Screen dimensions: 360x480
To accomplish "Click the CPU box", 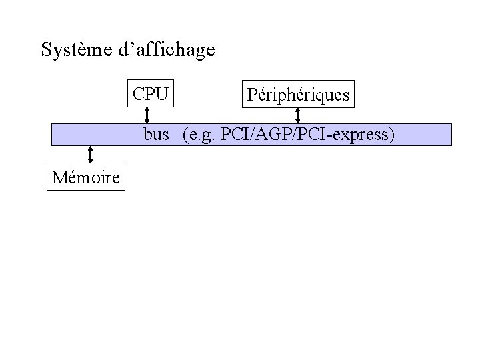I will pos(150,94).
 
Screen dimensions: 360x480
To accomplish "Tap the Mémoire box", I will pos(85,178).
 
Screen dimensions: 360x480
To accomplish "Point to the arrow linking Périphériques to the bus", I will pos(297,115).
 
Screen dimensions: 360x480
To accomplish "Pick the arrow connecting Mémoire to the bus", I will pos(89,155).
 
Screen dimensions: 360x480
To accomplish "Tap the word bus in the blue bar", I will pos(156,135).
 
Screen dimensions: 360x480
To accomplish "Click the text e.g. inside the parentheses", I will pos(203,135).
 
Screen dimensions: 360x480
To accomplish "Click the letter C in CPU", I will pos(138,94).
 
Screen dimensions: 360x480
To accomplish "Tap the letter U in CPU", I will pos(162,94).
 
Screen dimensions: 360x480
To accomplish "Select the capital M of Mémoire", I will pos(57,178).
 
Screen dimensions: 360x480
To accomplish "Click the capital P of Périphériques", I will pos(251,95).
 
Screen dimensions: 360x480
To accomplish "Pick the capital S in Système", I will pos(46,50).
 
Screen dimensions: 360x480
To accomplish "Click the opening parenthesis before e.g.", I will pos(185,135).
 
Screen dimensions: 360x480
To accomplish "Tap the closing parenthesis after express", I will pos(393,135).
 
